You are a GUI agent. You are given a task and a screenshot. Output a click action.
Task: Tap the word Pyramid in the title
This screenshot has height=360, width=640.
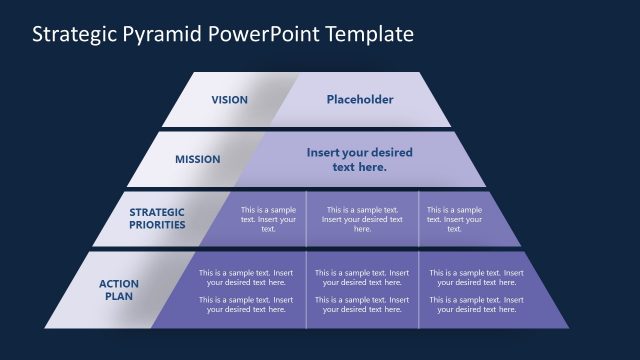[162, 34]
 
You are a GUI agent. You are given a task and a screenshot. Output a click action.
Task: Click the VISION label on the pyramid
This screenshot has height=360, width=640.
[230, 100]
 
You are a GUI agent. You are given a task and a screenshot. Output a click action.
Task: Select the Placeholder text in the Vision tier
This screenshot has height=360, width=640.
[360, 100]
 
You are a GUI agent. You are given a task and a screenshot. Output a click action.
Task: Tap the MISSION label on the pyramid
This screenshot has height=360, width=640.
[198, 159]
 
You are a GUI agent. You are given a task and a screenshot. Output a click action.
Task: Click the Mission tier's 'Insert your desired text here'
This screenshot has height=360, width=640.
[359, 160]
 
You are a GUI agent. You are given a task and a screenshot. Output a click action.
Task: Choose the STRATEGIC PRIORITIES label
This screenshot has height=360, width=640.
[157, 218]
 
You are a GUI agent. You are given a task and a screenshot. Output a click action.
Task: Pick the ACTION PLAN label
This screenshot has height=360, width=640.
[119, 290]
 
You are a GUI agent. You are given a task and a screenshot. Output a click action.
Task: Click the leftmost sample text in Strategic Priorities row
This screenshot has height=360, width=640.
[268, 219]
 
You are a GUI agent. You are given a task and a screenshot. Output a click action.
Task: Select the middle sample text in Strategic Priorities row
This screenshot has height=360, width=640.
[362, 219]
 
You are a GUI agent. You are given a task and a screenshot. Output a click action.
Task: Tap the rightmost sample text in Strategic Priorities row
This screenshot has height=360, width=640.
[454, 219]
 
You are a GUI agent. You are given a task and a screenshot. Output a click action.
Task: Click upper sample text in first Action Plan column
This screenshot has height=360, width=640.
[246, 277]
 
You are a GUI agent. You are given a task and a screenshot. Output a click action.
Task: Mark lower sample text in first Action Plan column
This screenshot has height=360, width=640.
[246, 304]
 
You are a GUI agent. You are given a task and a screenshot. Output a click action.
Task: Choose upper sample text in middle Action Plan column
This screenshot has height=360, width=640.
[362, 277]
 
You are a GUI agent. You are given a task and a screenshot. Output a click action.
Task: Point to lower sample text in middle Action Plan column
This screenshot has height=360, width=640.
[362, 304]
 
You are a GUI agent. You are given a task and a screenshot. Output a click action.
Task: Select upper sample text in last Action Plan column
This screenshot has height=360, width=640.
[477, 277]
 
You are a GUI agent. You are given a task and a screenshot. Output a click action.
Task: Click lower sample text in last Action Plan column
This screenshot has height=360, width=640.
[477, 304]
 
